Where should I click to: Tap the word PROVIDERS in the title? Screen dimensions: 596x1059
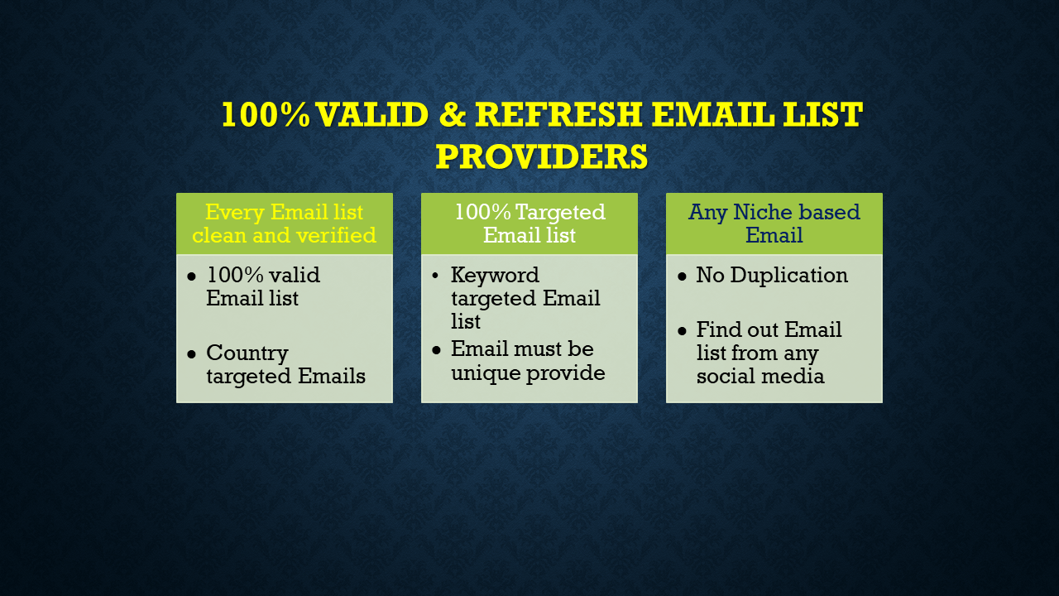coord(541,156)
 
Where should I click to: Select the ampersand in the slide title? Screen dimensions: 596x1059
coord(452,115)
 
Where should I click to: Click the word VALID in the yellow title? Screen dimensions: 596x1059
coord(372,115)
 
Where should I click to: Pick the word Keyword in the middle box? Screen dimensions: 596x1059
coord(495,275)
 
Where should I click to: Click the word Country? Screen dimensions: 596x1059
coord(247,353)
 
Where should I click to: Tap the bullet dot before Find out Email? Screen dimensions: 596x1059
coord(682,331)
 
